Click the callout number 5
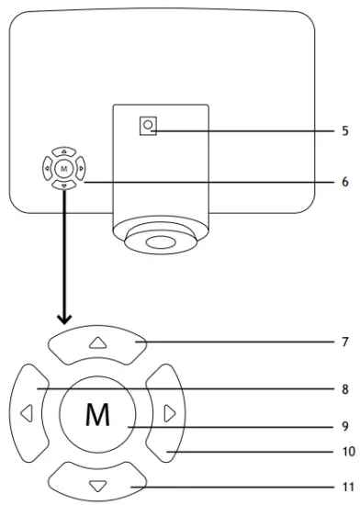344,130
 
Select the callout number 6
344,183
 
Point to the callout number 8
344,389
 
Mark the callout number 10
344,452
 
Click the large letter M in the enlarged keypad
97,415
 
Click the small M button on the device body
62,168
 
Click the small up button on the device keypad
62,151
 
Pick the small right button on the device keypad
80,168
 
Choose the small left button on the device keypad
46,168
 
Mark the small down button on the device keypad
62,185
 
